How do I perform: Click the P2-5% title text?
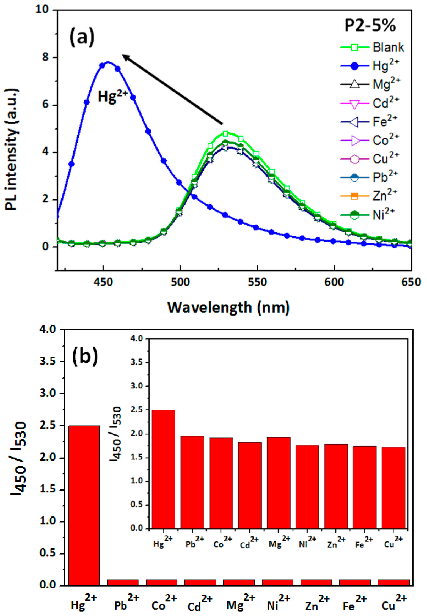pos(370,26)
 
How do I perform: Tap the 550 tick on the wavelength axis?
pos(257,282)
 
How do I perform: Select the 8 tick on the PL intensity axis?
pos(45,57)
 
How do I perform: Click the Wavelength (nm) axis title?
pos(228,307)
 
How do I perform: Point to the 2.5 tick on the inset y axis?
pos(137,410)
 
